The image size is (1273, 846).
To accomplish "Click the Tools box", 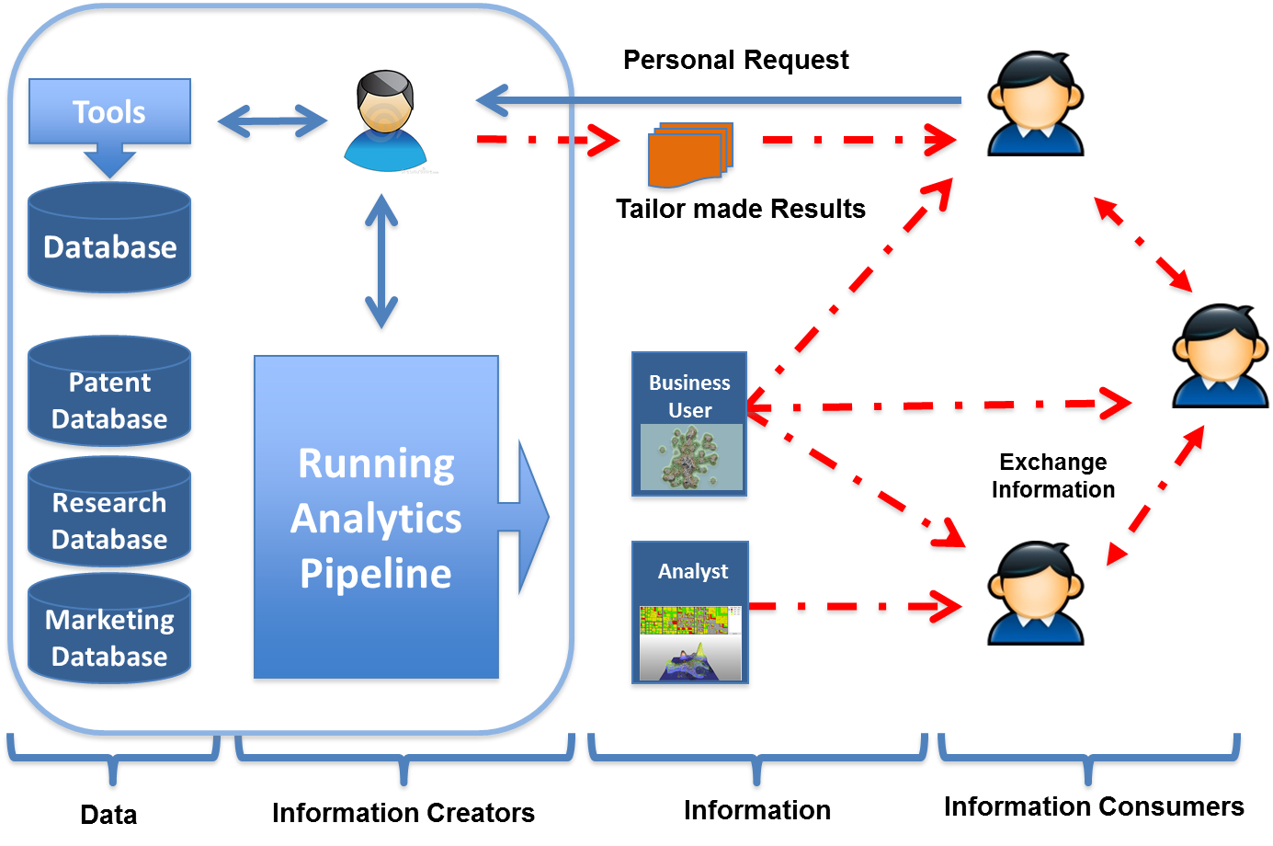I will (x=109, y=112).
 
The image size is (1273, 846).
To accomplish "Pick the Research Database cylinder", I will (x=109, y=518).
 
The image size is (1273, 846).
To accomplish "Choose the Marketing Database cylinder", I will (x=109, y=635).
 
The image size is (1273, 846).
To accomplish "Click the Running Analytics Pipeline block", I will (x=376, y=520).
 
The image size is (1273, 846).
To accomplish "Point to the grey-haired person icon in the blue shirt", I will (x=385, y=120).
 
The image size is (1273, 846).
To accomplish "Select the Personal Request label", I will (x=735, y=61).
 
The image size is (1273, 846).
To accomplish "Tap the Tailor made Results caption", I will (x=741, y=210).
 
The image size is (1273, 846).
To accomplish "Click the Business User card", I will (x=689, y=428).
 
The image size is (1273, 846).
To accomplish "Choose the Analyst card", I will (x=691, y=616).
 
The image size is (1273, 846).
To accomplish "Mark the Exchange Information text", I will (x=1053, y=475).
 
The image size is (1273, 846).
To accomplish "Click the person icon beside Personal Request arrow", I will (x=1036, y=103).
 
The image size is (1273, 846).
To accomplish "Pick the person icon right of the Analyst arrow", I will (x=1036, y=593).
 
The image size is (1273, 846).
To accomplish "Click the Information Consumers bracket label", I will (x=1094, y=806).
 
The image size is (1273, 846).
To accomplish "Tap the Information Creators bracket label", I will (x=403, y=813).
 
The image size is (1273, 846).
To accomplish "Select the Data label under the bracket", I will (x=108, y=815).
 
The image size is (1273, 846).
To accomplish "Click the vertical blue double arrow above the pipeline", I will (x=381, y=264).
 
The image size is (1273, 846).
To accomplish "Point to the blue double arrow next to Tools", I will (x=271, y=123).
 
